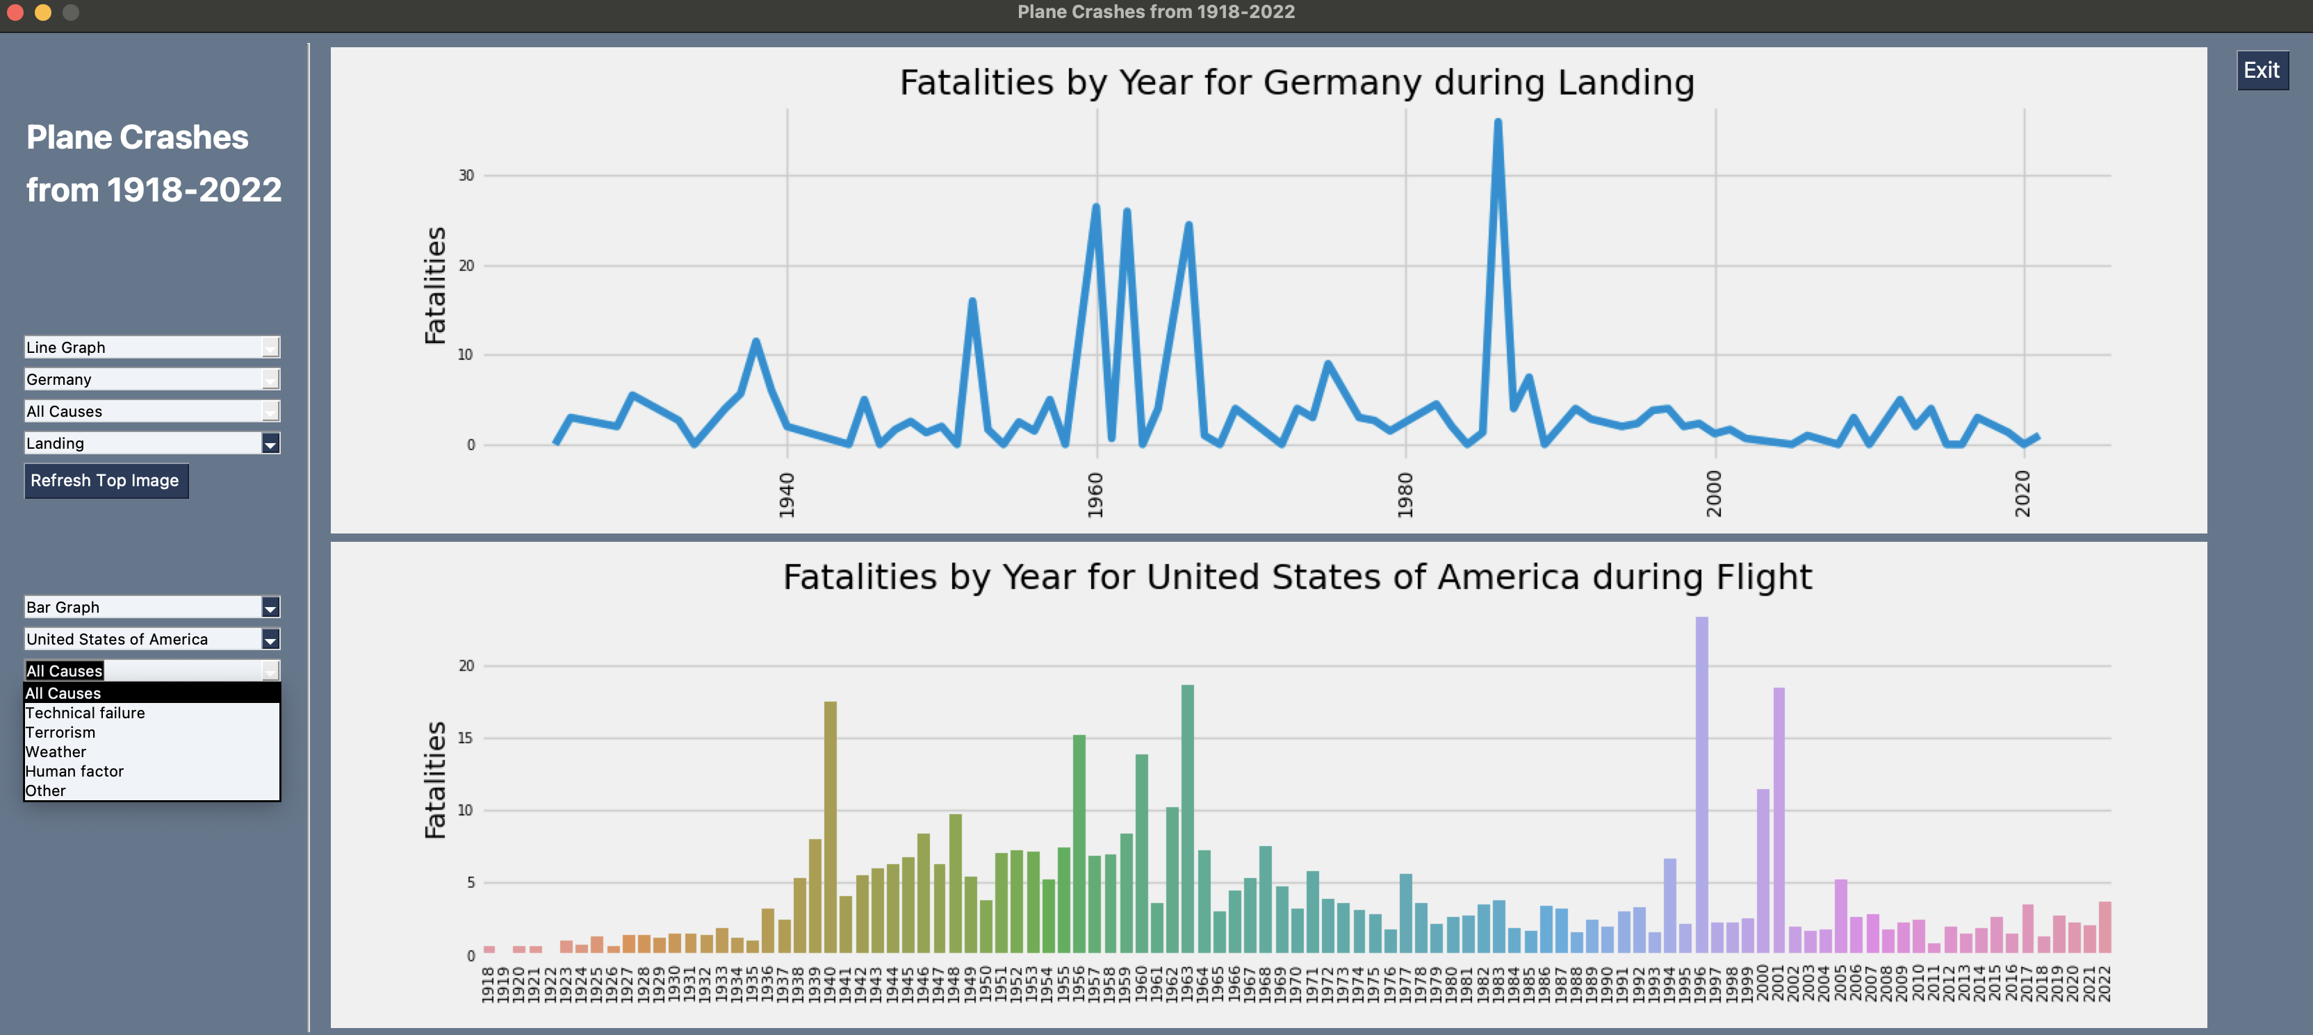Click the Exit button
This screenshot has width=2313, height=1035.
tap(2261, 70)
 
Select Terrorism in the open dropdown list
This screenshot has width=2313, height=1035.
tap(60, 733)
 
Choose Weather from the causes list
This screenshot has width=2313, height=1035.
tap(56, 752)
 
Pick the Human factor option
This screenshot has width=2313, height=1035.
tap(74, 771)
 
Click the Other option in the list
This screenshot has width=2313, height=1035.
tap(46, 790)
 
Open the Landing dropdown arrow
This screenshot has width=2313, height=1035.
tap(270, 443)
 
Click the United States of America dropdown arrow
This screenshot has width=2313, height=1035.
tap(270, 639)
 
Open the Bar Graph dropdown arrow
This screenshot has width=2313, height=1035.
tap(270, 608)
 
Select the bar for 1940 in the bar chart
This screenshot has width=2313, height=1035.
tap(830, 826)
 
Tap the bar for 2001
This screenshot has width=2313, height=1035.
tap(1779, 819)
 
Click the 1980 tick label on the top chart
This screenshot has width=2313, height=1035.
tap(1405, 495)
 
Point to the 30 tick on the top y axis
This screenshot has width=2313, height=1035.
tap(466, 175)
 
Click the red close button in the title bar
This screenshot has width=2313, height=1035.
tap(15, 12)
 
